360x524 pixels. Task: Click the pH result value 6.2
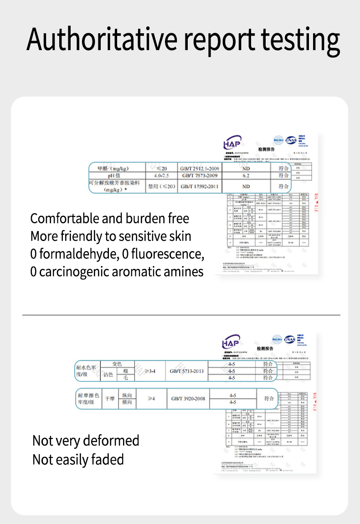(x=246, y=175)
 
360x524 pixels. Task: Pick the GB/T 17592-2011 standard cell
(x=200, y=186)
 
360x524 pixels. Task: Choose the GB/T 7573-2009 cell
(x=200, y=175)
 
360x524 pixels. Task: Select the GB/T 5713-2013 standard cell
(x=187, y=371)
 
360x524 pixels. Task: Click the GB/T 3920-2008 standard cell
(x=188, y=399)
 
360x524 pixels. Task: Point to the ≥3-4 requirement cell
(x=150, y=371)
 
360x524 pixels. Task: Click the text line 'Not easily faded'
(x=78, y=460)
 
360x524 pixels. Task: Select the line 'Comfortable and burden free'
(x=109, y=219)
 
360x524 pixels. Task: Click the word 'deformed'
(x=112, y=441)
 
